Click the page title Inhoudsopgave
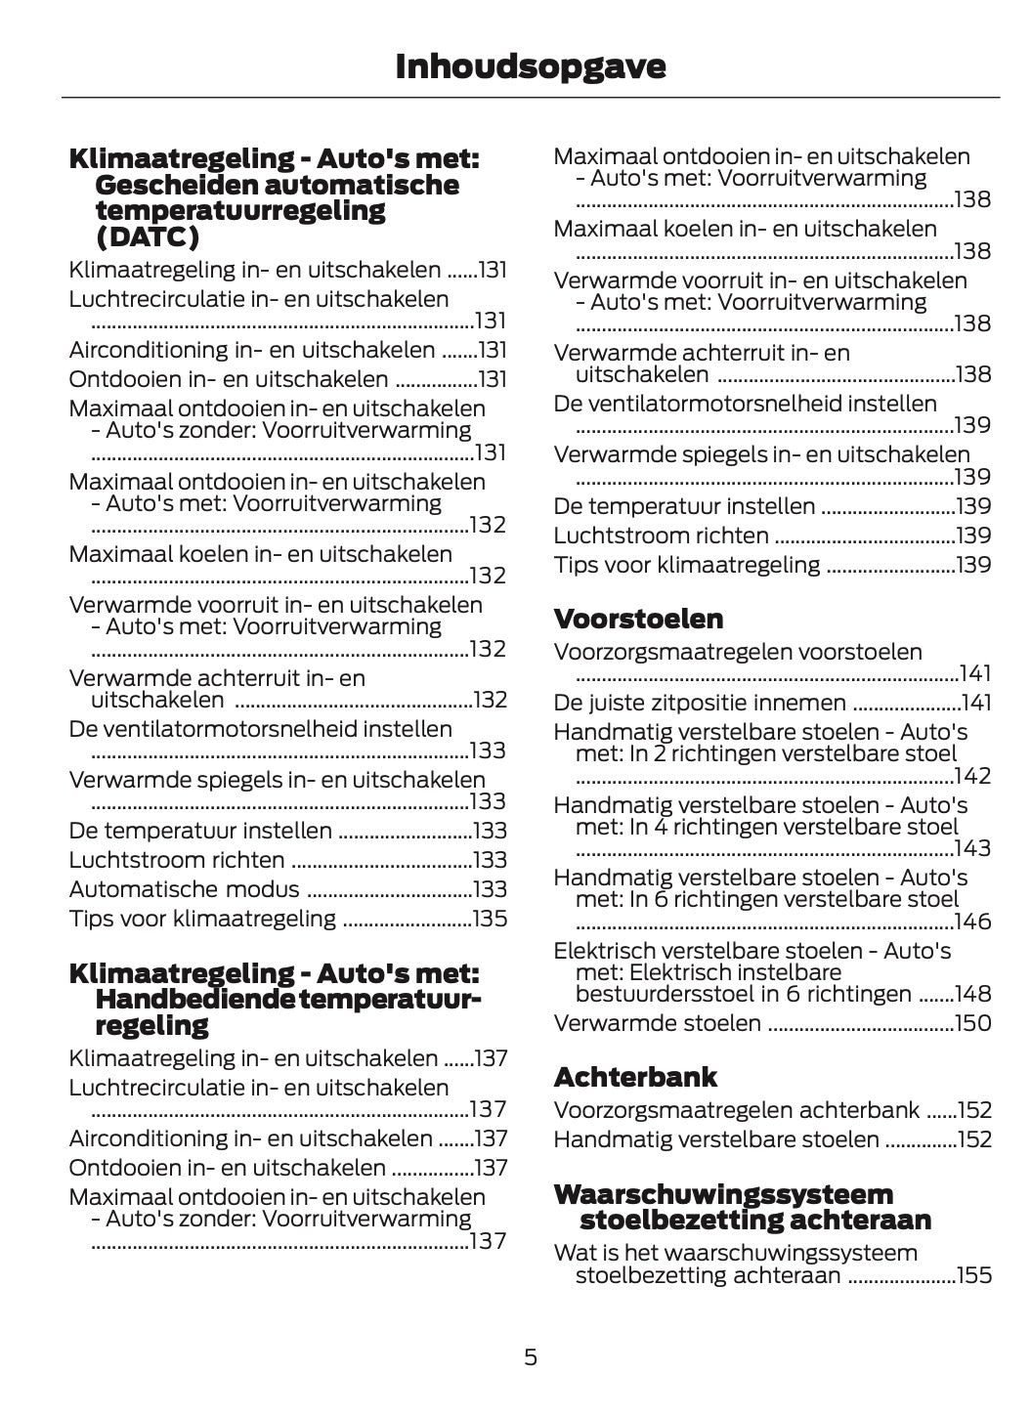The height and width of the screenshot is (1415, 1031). pos(531,66)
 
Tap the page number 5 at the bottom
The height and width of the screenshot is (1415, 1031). pos(531,1356)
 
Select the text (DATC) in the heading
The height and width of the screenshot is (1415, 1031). pos(148,237)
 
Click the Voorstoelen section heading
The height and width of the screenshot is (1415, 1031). pos(638,619)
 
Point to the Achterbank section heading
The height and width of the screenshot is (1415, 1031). pos(635,1077)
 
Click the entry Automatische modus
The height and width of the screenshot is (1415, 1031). pos(185,889)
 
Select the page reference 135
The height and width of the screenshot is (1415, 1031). pos(490,919)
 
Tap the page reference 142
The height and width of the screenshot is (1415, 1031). pos(972,776)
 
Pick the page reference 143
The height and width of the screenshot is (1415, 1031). pos(972,848)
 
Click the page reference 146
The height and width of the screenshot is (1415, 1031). pos(972,922)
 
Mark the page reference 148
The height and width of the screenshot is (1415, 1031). pos(972,994)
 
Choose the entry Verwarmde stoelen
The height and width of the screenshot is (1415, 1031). pos(657,1023)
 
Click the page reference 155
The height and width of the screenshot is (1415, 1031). pos(973,1275)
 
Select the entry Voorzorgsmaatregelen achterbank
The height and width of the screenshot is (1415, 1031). pos(736,1110)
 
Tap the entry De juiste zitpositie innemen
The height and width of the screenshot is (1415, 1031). pos(700,703)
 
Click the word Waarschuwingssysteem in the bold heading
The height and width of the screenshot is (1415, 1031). pos(723,1194)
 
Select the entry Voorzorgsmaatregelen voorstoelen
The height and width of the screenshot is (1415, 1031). pos(738,652)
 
